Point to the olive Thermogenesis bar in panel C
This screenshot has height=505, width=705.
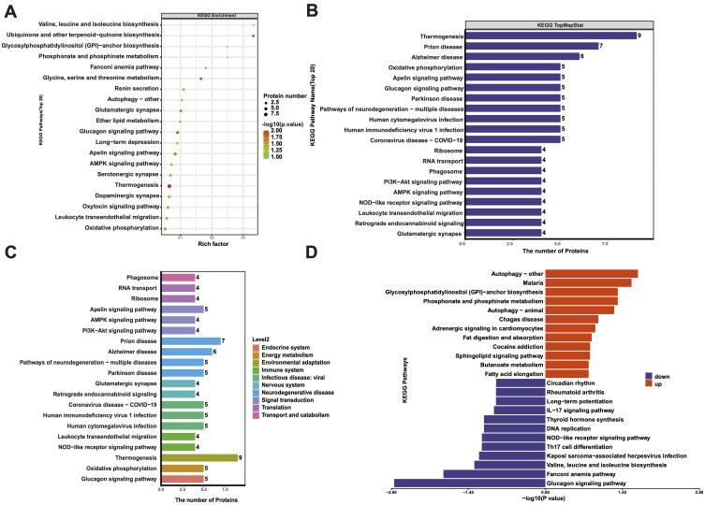pos(200,457)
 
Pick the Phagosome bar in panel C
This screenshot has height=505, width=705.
pos(178,277)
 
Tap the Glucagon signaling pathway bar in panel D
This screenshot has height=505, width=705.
pos(468,483)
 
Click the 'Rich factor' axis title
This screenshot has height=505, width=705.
pos(211,244)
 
